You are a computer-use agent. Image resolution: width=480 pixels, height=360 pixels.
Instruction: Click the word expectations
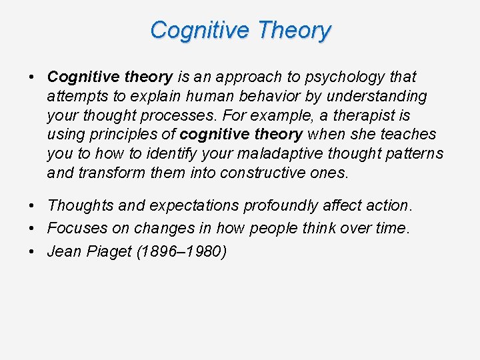click(188, 206)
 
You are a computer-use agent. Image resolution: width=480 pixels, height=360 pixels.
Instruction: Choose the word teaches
click(408, 135)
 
